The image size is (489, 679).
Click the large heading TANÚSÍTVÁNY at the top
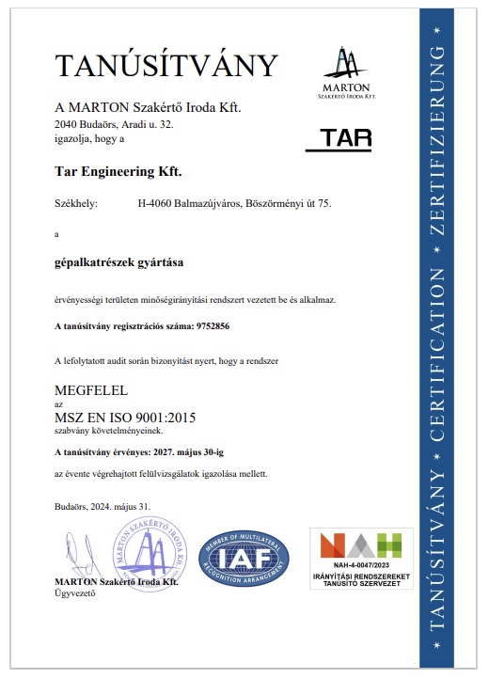pyautogui.click(x=166, y=65)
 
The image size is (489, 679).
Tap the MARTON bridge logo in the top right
pyautogui.click(x=348, y=71)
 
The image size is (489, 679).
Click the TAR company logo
pyautogui.click(x=339, y=139)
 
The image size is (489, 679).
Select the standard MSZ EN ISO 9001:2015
pyautogui.click(x=126, y=416)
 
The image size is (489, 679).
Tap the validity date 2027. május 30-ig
pyautogui.click(x=225, y=451)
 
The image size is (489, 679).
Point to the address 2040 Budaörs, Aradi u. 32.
pyautogui.click(x=115, y=123)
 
